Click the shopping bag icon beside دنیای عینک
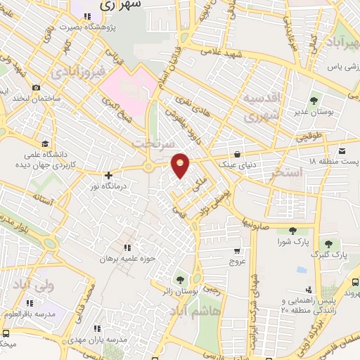coord(237,153)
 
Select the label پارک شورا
coord(293,243)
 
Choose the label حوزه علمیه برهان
coord(127,259)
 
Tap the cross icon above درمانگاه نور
coord(108,175)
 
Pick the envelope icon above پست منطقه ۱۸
coord(342,150)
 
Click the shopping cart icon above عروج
coord(237,250)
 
